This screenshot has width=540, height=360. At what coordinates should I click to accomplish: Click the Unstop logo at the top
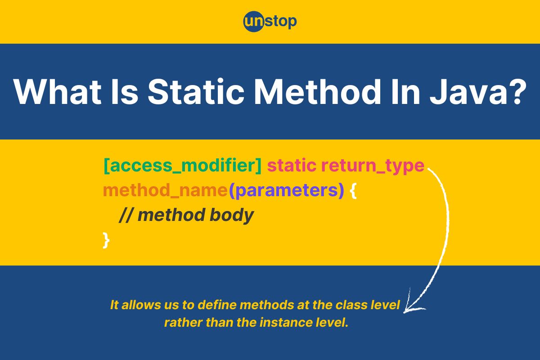pos(270,22)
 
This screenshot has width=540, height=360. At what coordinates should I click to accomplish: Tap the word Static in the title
pos(196,92)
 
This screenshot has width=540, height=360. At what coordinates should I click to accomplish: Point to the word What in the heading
pos(58,92)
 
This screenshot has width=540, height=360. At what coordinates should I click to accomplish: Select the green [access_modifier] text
pos(183,166)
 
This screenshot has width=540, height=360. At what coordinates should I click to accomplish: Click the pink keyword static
pos(292,166)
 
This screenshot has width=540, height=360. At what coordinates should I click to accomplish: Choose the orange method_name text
pos(166,191)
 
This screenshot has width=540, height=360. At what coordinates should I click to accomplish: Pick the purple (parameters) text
pos(286,191)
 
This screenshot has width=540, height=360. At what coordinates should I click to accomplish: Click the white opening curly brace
pos(353,191)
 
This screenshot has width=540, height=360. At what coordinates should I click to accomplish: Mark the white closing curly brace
pos(106,240)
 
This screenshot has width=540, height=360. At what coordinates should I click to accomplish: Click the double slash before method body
pos(126,215)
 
